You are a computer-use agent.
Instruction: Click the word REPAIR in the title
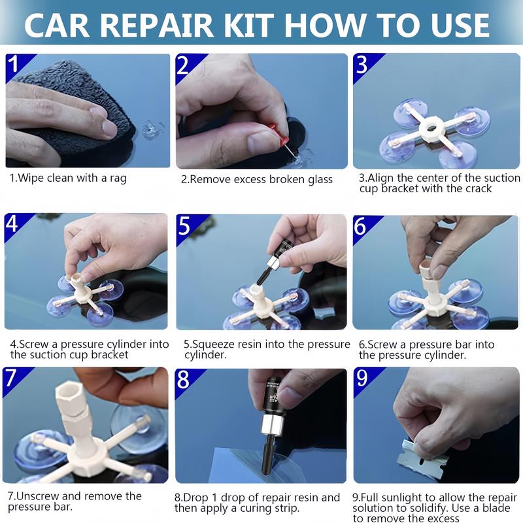coord(156,25)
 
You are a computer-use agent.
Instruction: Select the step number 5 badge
coord(184,226)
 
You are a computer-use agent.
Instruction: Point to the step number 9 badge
coord(362,379)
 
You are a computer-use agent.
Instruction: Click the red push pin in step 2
coord(278,135)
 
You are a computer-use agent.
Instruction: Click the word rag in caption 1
coord(118,178)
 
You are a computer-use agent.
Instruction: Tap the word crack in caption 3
coord(479,188)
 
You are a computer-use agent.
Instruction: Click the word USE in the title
coord(460,25)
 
